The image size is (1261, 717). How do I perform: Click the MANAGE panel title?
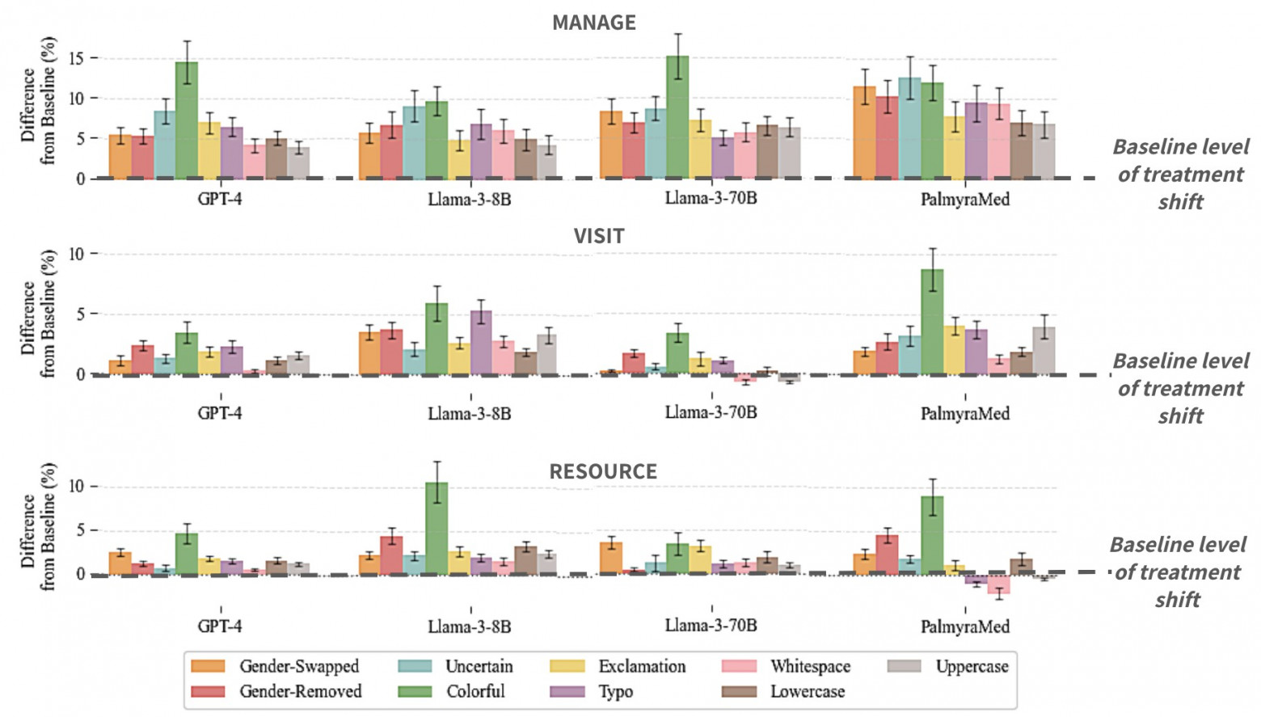pyautogui.click(x=593, y=23)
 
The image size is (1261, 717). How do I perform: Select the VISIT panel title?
pyautogui.click(x=599, y=236)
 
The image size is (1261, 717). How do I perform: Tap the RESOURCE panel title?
pyautogui.click(x=603, y=471)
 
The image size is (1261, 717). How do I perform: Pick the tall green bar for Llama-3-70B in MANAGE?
pyautogui.click(x=677, y=116)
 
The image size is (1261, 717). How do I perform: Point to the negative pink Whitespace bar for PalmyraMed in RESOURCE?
pyautogui.click(x=999, y=584)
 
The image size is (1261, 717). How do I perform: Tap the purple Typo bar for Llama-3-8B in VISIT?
pyautogui.click(x=481, y=343)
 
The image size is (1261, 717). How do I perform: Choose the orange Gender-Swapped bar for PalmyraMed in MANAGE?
pyautogui.click(x=864, y=133)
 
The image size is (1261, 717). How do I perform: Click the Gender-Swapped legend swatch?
pyautogui.click(x=208, y=667)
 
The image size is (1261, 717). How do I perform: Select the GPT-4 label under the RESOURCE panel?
pyautogui.click(x=220, y=626)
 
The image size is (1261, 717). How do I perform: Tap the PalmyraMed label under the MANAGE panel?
pyautogui.click(x=964, y=200)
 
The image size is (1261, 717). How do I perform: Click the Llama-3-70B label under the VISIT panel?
pyautogui.click(x=711, y=412)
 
